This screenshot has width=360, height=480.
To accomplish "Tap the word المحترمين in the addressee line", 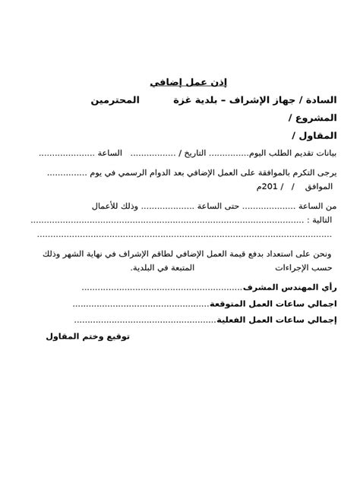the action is [x=115, y=100].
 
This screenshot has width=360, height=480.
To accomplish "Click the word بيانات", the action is [x=324, y=153].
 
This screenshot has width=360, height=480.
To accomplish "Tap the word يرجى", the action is [x=327, y=172].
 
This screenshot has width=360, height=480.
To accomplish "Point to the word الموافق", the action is [x=317, y=187].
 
